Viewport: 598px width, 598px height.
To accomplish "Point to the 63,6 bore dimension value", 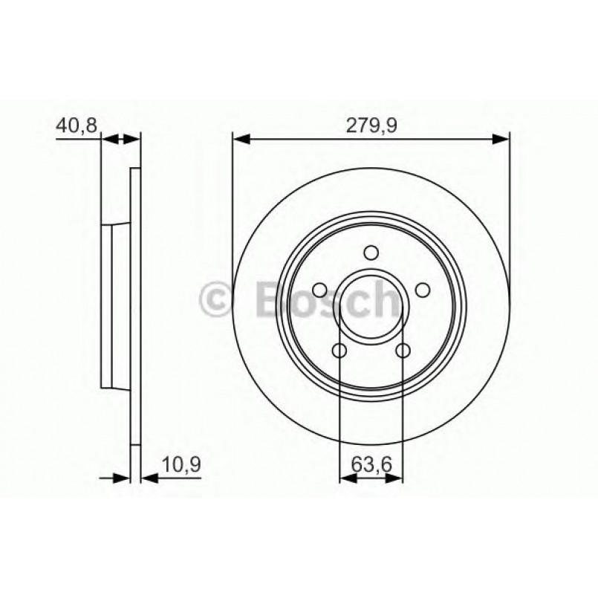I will (x=371, y=466).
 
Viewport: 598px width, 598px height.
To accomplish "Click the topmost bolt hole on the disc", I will (x=371, y=253).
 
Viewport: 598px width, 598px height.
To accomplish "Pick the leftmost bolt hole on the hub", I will (x=319, y=290).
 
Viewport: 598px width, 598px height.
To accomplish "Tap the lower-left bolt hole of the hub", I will (x=339, y=351).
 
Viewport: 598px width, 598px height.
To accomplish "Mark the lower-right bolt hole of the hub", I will (x=403, y=351).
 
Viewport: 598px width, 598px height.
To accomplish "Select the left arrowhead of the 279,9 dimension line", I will (x=241, y=137).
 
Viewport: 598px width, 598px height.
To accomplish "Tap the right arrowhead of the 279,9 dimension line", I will (x=501, y=137).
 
